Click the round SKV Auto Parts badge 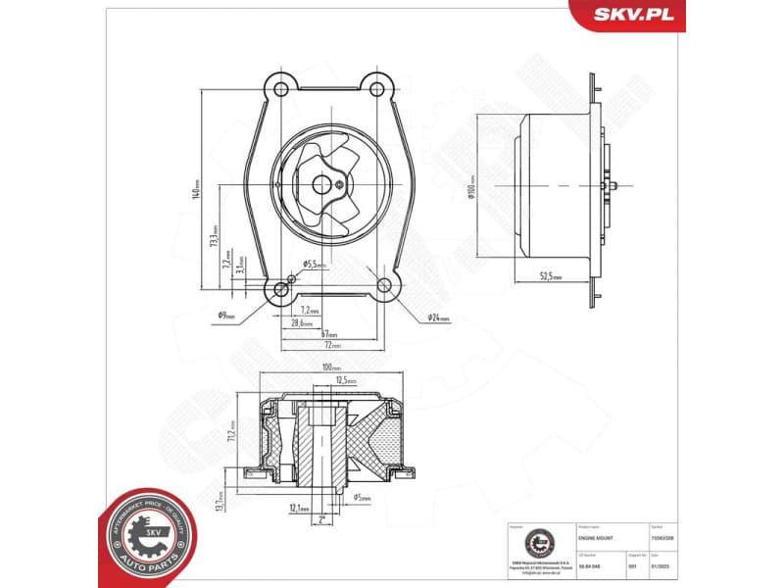(x=148, y=536)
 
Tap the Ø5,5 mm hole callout (x=314, y=265)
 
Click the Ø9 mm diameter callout (x=226, y=316)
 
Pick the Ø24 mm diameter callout (x=437, y=318)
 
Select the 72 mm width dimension (x=332, y=345)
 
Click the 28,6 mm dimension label (x=303, y=322)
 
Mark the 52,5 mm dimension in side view (x=551, y=277)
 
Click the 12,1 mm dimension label (x=299, y=509)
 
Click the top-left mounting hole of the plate (x=281, y=89)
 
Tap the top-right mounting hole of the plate (x=375, y=89)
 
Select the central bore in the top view (x=319, y=182)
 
